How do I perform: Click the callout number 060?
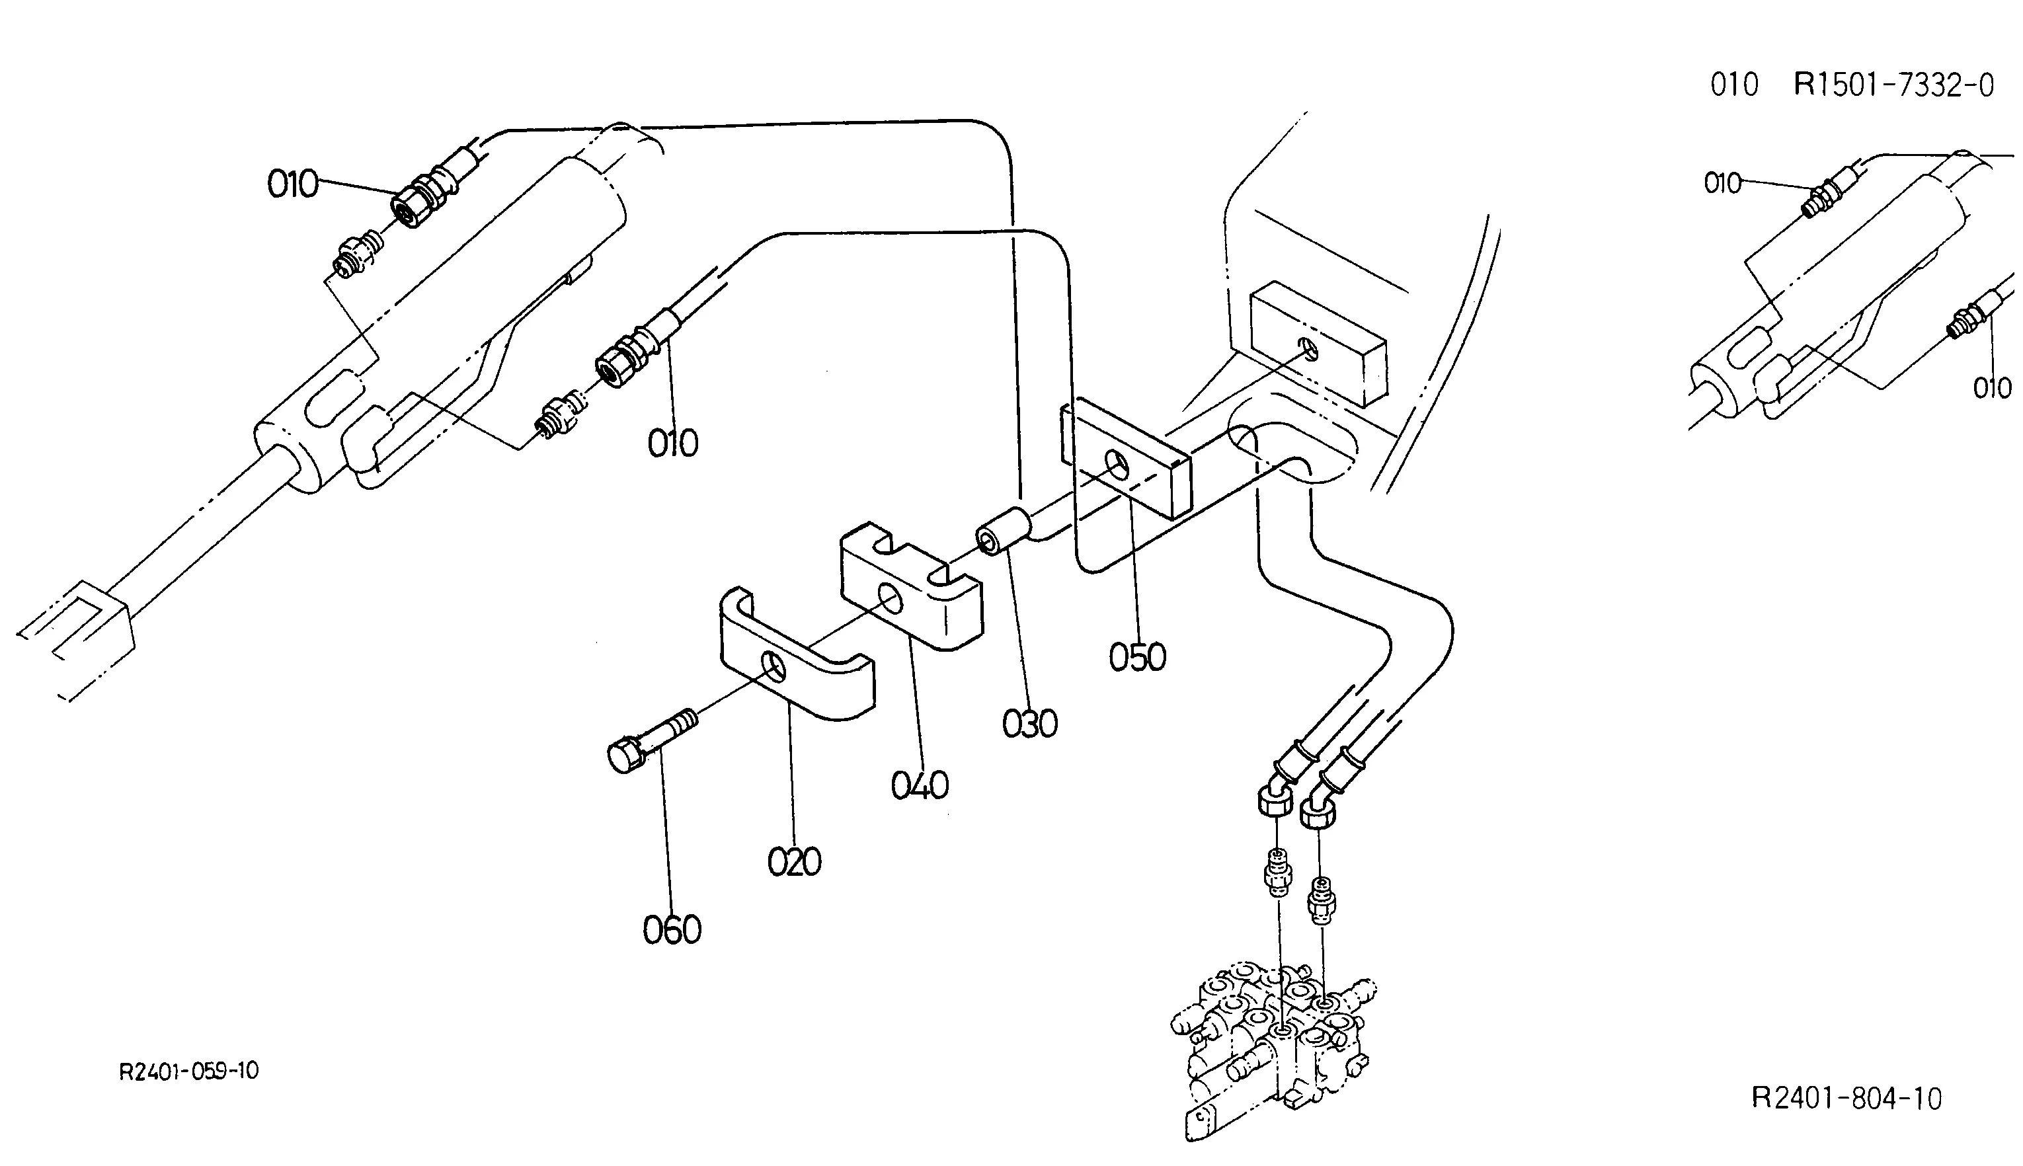[x=672, y=931]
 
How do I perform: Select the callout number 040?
[x=920, y=785]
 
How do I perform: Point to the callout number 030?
[x=1030, y=724]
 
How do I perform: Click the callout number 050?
[x=1137, y=658]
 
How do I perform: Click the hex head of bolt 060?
[x=625, y=755]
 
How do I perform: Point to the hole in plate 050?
[x=1115, y=462]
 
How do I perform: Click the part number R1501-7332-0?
[x=1893, y=85]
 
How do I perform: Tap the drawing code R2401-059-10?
[x=189, y=1071]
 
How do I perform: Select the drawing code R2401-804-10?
[x=1846, y=1098]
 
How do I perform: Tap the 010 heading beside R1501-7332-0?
[x=1734, y=85]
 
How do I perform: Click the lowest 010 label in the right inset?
[x=1992, y=389]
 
